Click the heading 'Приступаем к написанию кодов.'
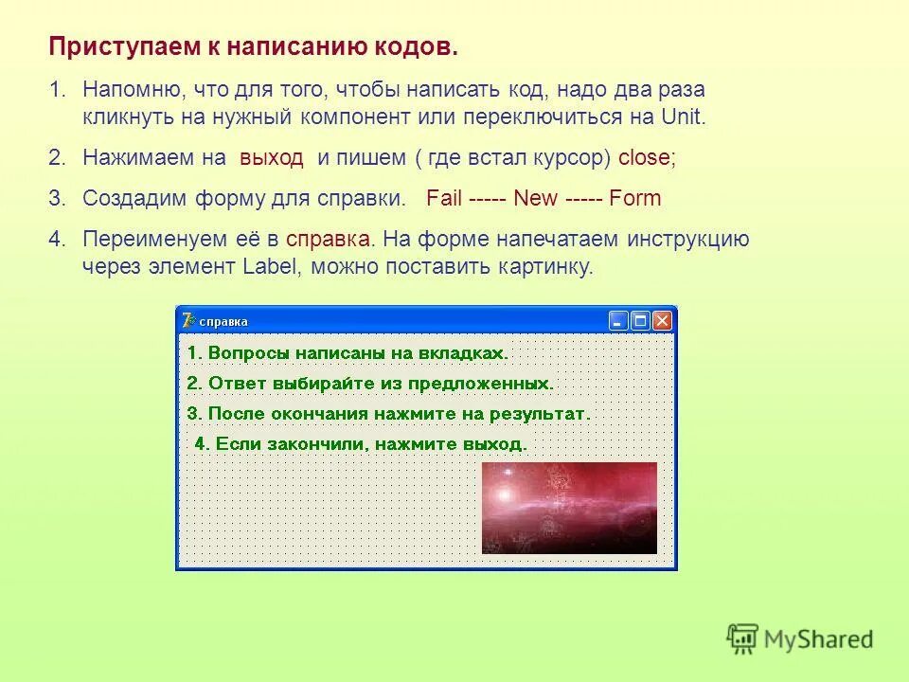click(x=253, y=46)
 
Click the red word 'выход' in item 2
click(x=272, y=158)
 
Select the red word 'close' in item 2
click(x=644, y=158)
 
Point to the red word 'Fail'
click(x=444, y=199)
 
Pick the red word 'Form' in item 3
click(x=635, y=199)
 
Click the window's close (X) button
click(x=662, y=321)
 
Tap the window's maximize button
click(x=640, y=321)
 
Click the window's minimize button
click(x=618, y=321)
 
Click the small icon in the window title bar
click(x=188, y=320)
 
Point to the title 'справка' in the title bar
click(x=223, y=321)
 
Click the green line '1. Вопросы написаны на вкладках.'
click(x=348, y=353)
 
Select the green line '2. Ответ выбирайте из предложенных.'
click(x=370, y=384)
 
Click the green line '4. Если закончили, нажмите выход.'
click(x=361, y=443)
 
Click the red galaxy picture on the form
click(x=569, y=508)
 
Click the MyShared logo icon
click(x=743, y=637)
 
